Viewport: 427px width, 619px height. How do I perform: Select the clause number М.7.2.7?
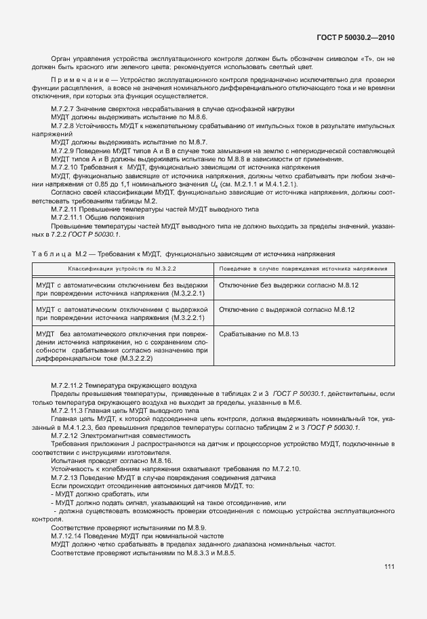coord(64,109)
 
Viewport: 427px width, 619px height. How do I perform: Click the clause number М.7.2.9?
coord(64,151)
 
